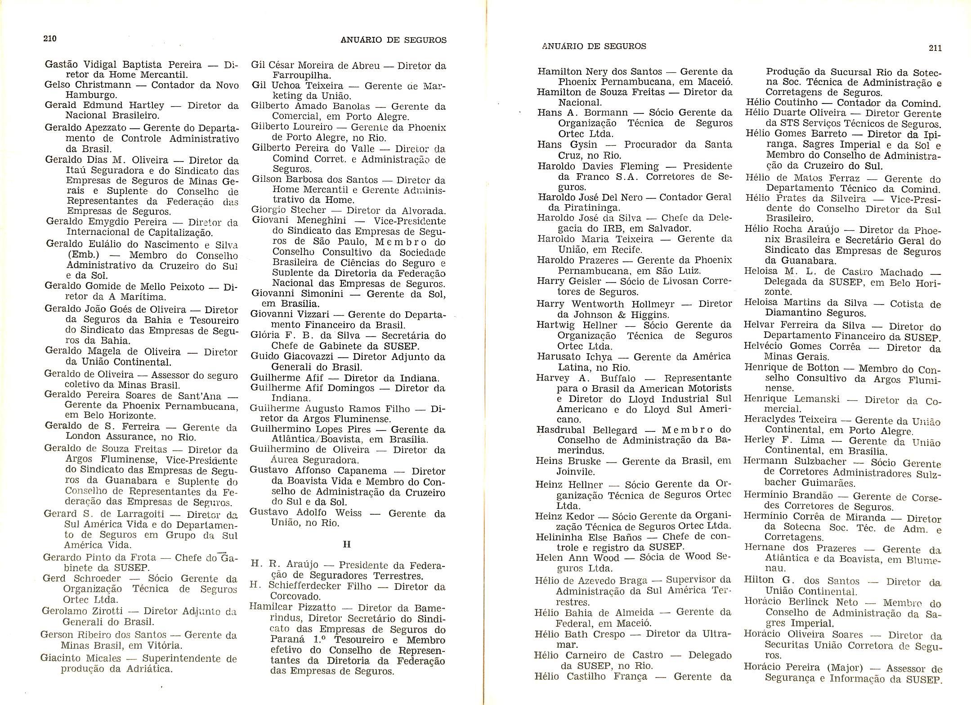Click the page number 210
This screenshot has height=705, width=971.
(49, 39)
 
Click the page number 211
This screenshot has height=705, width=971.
(935, 48)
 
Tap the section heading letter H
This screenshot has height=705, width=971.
(347, 544)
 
